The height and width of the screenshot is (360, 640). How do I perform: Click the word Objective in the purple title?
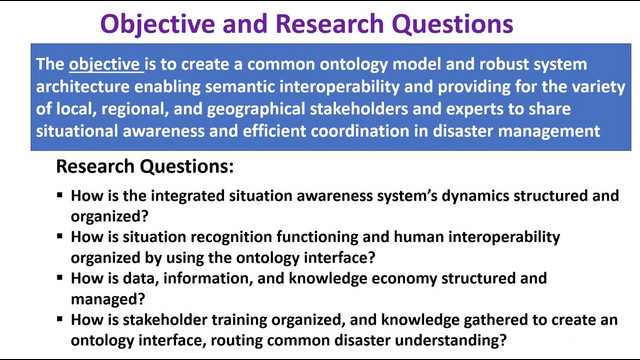tap(158, 24)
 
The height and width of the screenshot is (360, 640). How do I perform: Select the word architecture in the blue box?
tap(82, 87)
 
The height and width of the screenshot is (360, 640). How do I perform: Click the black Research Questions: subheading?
tap(145, 167)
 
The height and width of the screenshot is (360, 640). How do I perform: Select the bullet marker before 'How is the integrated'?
tap(60, 195)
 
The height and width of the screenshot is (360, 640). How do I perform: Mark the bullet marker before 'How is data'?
tap(60, 278)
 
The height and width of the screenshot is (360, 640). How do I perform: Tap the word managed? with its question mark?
tap(108, 299)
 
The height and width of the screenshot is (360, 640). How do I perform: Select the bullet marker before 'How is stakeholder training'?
tap(60, 319)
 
